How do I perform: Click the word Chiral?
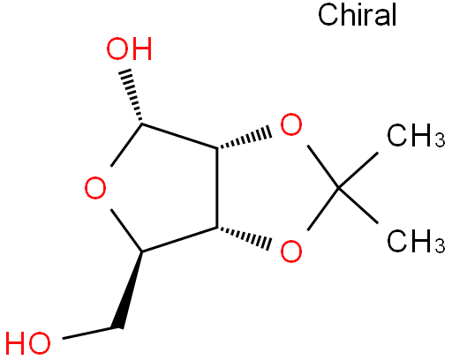[358, 15]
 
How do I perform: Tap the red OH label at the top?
[129, 49]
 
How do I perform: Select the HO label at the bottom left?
[28, 343]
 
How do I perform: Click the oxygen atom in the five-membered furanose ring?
[95, 188]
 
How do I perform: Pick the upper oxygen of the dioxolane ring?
[291, 124]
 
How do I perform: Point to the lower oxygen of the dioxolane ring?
[291, 251]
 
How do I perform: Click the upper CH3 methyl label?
[416, 135]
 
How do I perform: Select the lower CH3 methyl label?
[416, 241]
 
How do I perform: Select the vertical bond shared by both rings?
[217, 188]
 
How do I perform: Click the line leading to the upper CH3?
[358, 170]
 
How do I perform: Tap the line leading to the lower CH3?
[358, 205]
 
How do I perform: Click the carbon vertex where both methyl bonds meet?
[339, 188]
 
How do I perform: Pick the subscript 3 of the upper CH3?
[440, 139]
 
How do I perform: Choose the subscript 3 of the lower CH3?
[440, 245]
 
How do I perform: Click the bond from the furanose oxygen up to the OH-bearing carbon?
[126, 146]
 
